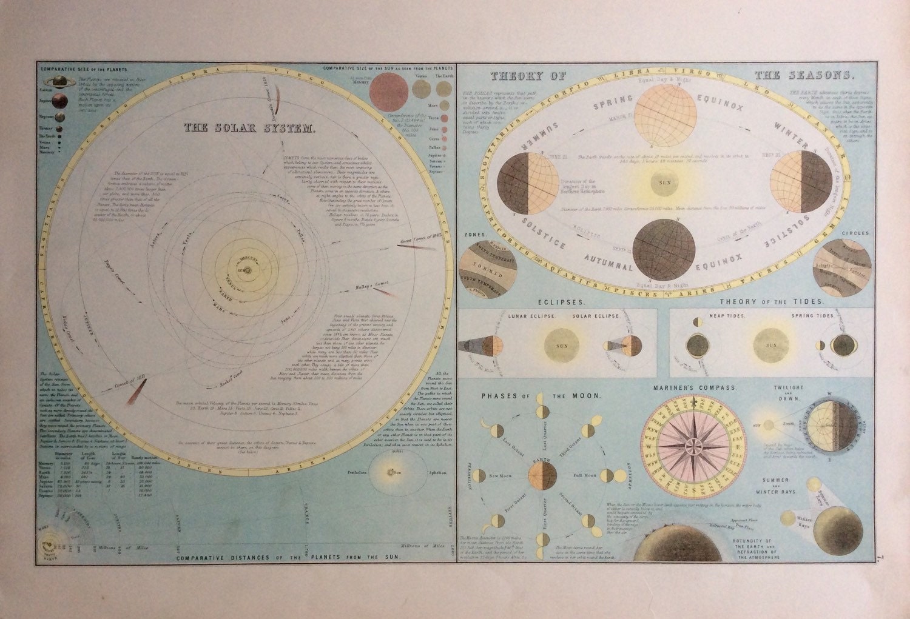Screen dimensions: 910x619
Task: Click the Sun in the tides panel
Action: tap(771, 346)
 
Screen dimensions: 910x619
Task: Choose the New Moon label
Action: tap(501, 476)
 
